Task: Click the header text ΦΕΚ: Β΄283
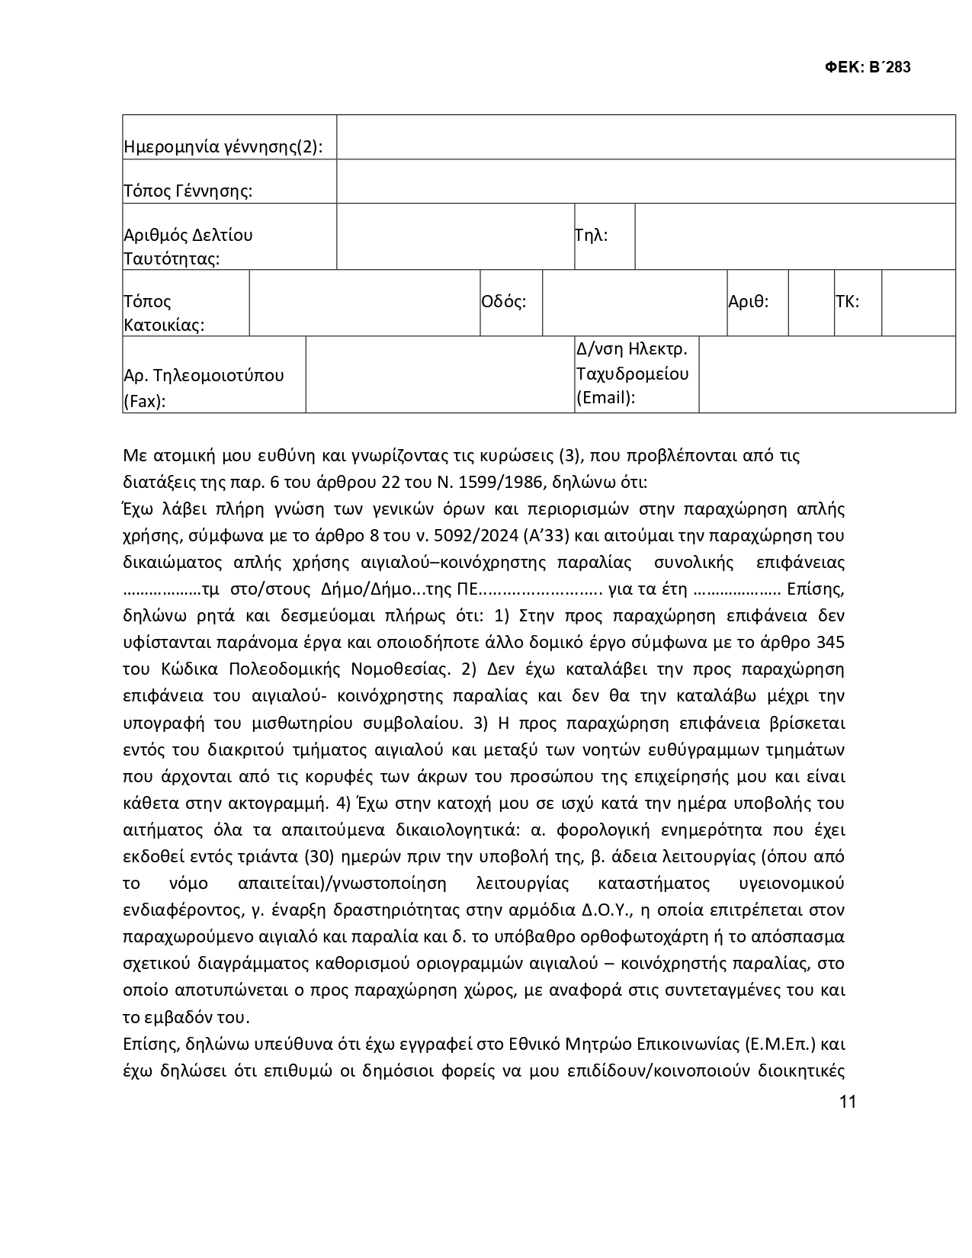(x=868, y=67)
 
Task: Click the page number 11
(x=847, y=1102)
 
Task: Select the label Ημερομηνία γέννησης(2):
(x=223, y=147)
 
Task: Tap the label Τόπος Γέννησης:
(x=188, y=191)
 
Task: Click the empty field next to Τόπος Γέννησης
(x=645, y=181)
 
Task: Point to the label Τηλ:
(x=591, y=235)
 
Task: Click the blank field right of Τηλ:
(x=794, y=236)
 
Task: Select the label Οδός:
(x=503, y=301)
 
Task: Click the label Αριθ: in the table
(x=748, y=301)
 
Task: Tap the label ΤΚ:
(x=847, y=301)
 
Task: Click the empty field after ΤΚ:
(x=918, y=303)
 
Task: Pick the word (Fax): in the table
(x=144, y=401)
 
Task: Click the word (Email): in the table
(x=605, y=397)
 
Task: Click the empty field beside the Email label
(x=826, y=374)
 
